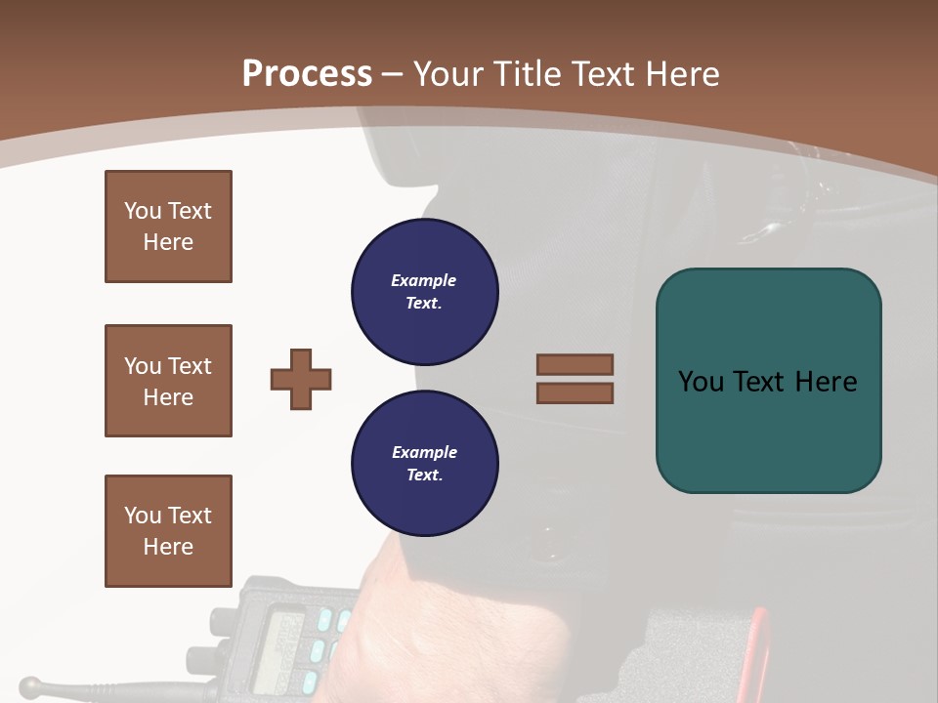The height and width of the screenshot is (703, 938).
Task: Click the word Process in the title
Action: (307, 74)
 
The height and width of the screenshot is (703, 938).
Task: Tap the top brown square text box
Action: (168, 227)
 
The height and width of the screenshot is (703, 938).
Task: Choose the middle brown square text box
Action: (168, 381)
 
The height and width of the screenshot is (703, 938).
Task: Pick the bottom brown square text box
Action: (168, 531)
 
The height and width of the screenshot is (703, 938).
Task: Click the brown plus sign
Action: (301, 379)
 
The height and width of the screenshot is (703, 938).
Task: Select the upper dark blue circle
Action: (424, 292)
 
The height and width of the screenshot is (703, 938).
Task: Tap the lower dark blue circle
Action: (424, 464)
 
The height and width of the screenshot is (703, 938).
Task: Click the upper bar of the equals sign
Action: (575, 364)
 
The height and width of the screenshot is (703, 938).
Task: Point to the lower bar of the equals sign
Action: (575, 393)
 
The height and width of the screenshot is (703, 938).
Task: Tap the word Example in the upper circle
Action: (424, 281)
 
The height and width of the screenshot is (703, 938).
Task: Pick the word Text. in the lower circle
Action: (424, 476)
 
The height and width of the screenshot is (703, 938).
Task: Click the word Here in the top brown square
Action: (168, 242)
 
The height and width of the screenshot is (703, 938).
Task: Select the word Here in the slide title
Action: (681, 74)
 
